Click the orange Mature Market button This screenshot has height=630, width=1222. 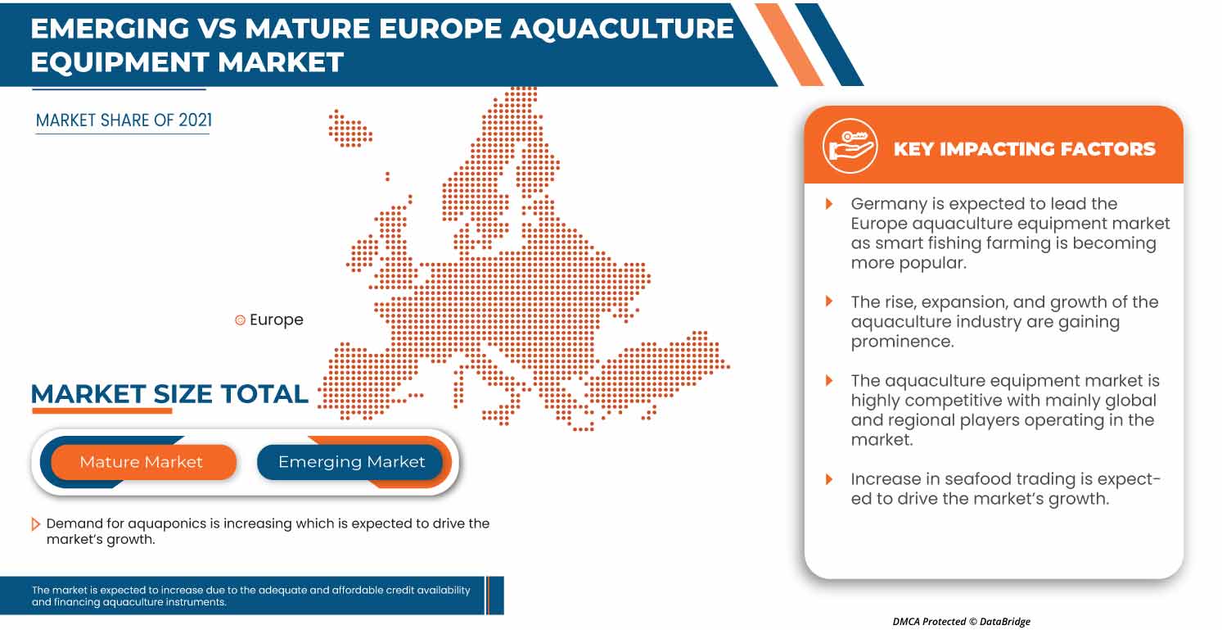click(141, 462)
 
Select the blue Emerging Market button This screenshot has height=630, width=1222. click(351, 462)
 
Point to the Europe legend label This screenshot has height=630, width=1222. click(276, 320)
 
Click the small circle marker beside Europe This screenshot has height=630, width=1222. click(240, 320)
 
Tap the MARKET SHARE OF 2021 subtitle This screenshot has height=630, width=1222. click(124, 120)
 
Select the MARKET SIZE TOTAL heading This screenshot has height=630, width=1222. click(169, 394)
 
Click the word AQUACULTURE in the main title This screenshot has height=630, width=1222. click(623, 29)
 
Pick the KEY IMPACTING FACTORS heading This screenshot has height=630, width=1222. click(1024, 148)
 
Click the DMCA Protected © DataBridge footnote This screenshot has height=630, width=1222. click(961, 621)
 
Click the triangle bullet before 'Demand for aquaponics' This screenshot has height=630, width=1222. click(35, 523)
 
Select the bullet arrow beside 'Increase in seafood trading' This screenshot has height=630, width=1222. click(829, 479)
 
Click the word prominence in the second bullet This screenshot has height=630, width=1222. click(902, 342)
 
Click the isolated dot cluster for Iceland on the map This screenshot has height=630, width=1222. click(349, 129)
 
